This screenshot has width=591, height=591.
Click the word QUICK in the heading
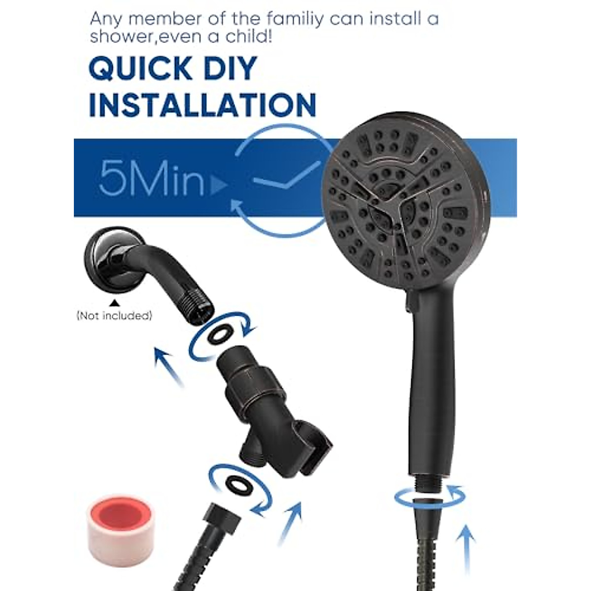click(x=141, y=68)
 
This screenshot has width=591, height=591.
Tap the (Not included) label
click(x=114, y=316)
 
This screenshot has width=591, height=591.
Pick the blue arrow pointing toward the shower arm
click(x=169, y=365)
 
